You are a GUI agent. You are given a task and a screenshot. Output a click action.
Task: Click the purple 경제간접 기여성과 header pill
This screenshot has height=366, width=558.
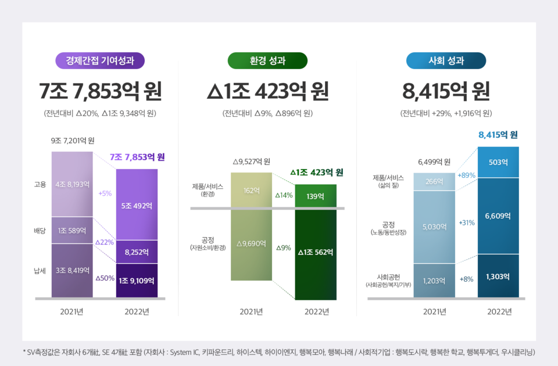[100, 60]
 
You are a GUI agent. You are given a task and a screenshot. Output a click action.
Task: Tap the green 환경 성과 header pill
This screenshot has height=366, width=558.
[267, 60]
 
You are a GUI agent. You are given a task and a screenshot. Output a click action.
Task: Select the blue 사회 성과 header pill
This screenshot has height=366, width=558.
[446, 60]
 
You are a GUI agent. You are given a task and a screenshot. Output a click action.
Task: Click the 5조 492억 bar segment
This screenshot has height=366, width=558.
[137, 204]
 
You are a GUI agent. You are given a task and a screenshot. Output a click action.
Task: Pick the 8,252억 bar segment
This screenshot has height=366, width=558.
[137, 252]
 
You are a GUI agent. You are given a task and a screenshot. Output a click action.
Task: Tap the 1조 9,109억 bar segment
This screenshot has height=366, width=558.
[137, 281]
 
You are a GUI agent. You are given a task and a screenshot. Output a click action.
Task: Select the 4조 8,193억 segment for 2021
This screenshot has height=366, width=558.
[72, 184]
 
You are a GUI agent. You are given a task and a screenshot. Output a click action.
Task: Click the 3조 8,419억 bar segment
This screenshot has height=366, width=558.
[72, 270]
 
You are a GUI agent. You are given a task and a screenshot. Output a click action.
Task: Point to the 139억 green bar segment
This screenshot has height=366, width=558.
[316, 196]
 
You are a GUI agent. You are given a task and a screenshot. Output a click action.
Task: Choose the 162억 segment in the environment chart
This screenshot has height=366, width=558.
[251, 190]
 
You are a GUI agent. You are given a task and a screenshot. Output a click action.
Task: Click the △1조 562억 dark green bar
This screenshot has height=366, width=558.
[316, 252]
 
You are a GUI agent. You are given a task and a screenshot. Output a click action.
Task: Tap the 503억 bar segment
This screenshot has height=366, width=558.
[498, 162]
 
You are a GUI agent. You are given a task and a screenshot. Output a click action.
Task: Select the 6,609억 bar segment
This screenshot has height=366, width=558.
[498, 216]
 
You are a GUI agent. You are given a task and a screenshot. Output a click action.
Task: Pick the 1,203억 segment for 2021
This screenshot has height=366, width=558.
[434, 281]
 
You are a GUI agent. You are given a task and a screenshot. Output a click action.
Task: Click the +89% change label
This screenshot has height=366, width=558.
[467, 175]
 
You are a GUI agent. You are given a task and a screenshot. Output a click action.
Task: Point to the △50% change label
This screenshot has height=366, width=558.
[104, 278]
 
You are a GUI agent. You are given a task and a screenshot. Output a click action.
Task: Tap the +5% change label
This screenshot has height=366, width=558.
[105, 193]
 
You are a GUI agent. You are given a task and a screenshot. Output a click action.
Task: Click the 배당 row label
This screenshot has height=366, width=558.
[40, 231]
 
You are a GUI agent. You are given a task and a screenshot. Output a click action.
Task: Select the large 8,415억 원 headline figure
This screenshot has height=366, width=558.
[446, 91]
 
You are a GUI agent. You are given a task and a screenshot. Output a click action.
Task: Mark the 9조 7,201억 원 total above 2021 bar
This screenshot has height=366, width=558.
[73, 141]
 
